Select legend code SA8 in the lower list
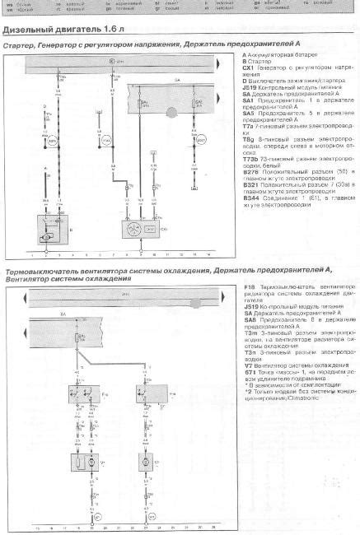point(250,326)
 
